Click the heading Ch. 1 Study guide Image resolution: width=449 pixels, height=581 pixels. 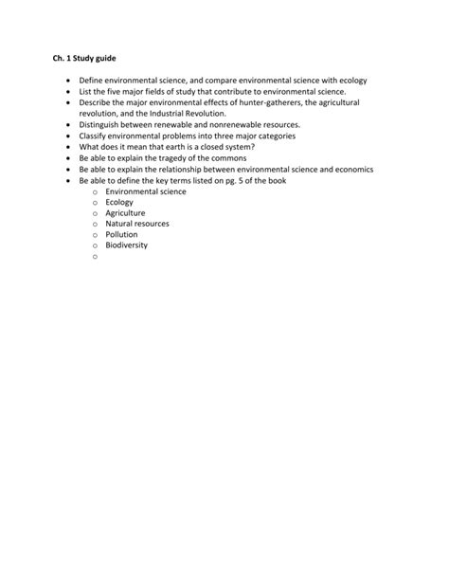(x=83, y=59)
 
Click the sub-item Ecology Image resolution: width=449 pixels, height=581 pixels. (x=119, y=202)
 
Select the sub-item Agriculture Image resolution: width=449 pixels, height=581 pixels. (x=125, y=213)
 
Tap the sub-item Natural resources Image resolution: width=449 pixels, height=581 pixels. (x=137, y=224)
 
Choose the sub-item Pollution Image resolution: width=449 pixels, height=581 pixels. (x=121, y=234)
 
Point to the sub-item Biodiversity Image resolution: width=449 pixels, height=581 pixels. (x=127, y=245)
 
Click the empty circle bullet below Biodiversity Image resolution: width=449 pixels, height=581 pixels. (x=96, y=256)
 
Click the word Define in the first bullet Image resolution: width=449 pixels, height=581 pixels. (x=92, y=81)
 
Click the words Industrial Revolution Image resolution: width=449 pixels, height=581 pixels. (x=185, y=114)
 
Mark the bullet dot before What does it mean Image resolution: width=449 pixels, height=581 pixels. (x=68, y=147)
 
